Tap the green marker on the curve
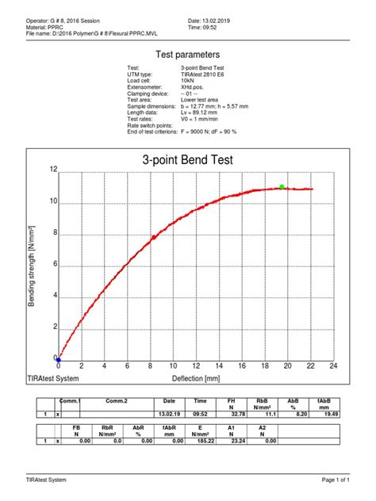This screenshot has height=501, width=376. [x=282, y=187]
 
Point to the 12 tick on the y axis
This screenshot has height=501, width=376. [x=52, y=170]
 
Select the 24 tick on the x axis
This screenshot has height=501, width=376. [x=334, y=366]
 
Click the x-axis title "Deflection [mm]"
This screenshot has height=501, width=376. [x=205, y=378]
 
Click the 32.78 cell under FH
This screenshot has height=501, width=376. [x=231, y=414]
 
